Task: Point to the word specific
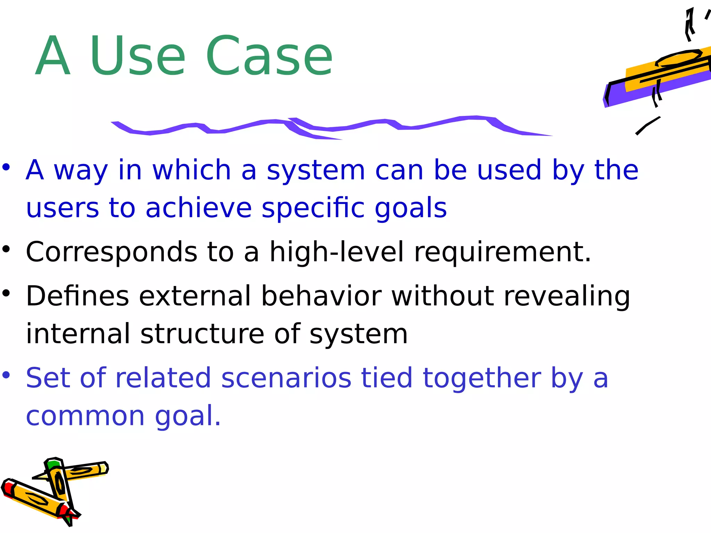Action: click(x=313, y=208)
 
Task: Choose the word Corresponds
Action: click(x=111, y=252)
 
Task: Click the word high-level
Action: click(x=337, y=252)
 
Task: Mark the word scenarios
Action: click(x=286, y=378)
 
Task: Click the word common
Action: click(x=85, y=416)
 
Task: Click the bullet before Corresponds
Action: click(x=6, y=249)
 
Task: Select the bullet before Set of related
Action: click(x=6, y=375)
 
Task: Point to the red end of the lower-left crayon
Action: click(x=8, y=488)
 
